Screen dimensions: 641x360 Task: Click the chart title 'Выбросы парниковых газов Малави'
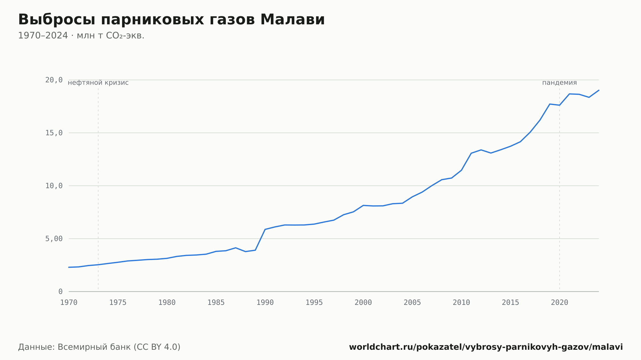(x=171, y=20)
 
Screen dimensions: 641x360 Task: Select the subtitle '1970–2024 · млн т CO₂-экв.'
(x=81, y=36)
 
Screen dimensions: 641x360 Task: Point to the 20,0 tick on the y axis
(x=54, y=80)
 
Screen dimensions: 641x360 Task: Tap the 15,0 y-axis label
(x=54, y=133)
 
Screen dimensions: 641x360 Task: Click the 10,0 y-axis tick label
(x=54, y=186)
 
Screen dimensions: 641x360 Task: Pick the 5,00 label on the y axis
(x=54, y=239)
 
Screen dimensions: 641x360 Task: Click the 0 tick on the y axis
(x=61, y=291)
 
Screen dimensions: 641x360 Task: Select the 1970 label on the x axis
(x=69, y=303)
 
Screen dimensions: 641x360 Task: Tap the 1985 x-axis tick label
(x=216, y=303)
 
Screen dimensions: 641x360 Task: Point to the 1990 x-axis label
(x=265, y=303)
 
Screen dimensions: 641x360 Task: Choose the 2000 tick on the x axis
(x=363, y=303)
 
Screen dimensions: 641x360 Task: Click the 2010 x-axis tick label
(x=461, y=303)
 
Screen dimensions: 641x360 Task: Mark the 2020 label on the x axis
(x=560, y=303)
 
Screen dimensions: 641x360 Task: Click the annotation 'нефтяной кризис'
(x=98, y=83)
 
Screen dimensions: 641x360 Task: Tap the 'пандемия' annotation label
(x=559, y=83)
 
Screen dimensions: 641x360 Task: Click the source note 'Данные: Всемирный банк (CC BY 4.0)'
(x=99, y=347)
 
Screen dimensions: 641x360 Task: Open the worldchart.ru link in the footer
(x=486, y=347)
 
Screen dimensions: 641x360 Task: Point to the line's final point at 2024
(x=599, y=90)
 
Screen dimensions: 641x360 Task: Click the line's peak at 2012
(x=481, y=150)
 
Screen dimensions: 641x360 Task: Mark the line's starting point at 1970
(x=69, y=267)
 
